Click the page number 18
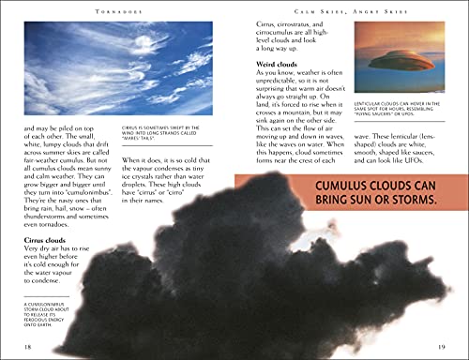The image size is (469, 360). click(x=27, y=348)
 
